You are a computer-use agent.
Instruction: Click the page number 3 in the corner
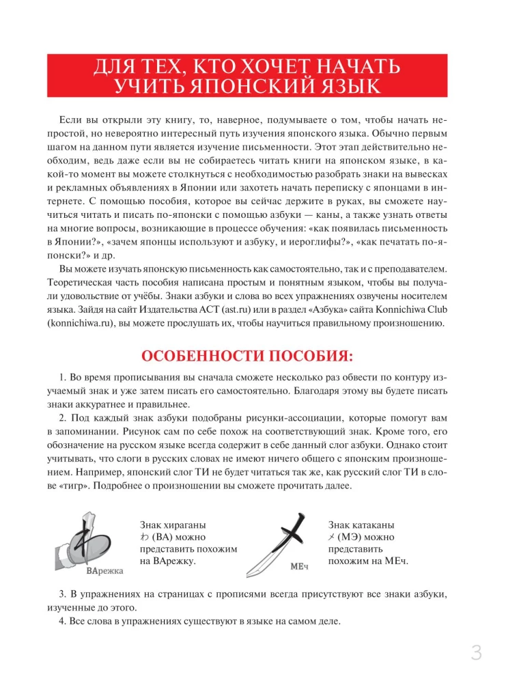coord(476,653)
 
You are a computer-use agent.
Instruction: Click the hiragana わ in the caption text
coord(143,537)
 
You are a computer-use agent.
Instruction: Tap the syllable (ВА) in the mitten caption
coord(163,537)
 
